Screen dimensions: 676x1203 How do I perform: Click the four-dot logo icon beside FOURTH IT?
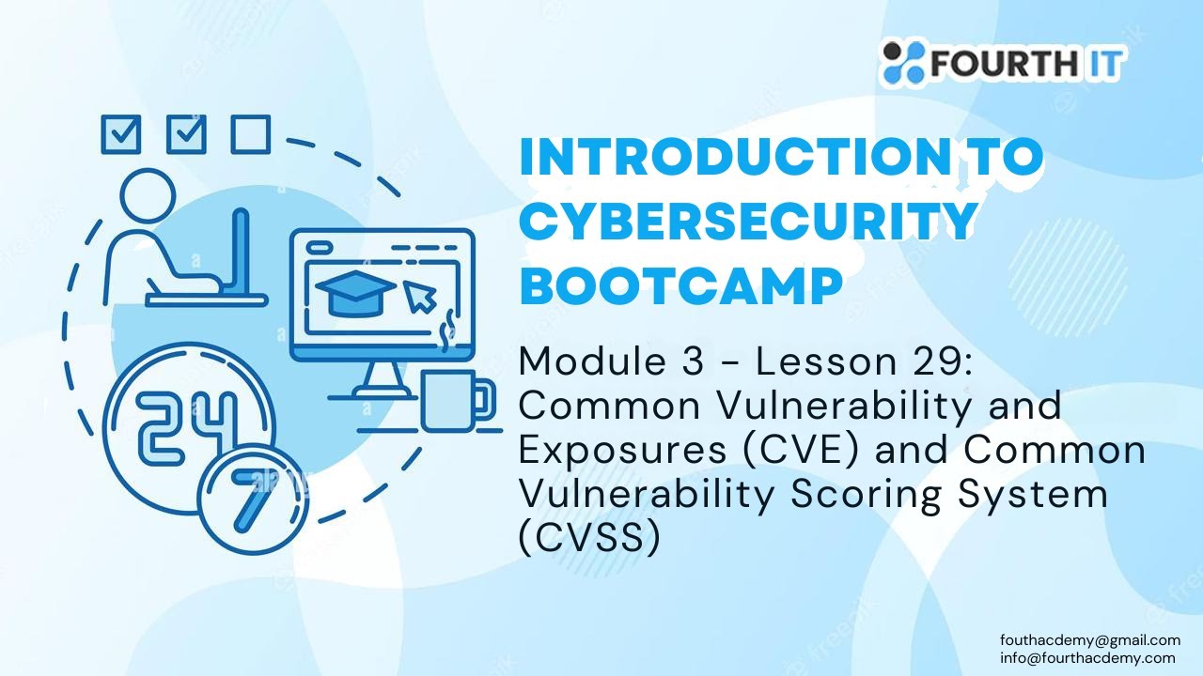pyautogui.click(x=903, y=62)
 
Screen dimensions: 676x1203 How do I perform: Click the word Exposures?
pyautogui.click(x=621, y=451)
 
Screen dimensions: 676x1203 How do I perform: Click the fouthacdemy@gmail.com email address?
pyautogui.click(x=1089, y=640)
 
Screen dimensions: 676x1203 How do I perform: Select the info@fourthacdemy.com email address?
pyautogui.click(x=1087, y=657)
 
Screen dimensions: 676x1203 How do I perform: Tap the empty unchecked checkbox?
pyautogui.click(x=251, y=134)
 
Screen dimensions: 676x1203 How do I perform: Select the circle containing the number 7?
pyautogui.click(x=250, y=503)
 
